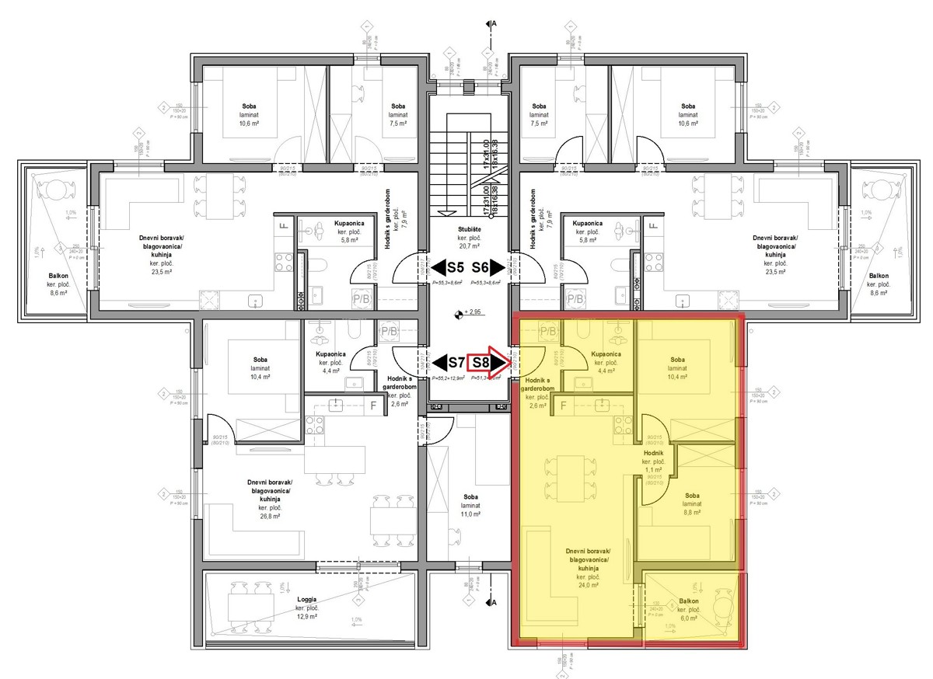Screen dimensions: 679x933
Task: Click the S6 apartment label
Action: (x=480, y=268)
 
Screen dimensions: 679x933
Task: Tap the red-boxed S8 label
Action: (x=482, y=362)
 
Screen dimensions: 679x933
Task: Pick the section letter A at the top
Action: (x=494, y=24)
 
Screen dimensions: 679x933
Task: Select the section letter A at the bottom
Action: (x=494, y=602)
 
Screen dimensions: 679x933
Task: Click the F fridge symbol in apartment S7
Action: (x=373, y=405)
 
